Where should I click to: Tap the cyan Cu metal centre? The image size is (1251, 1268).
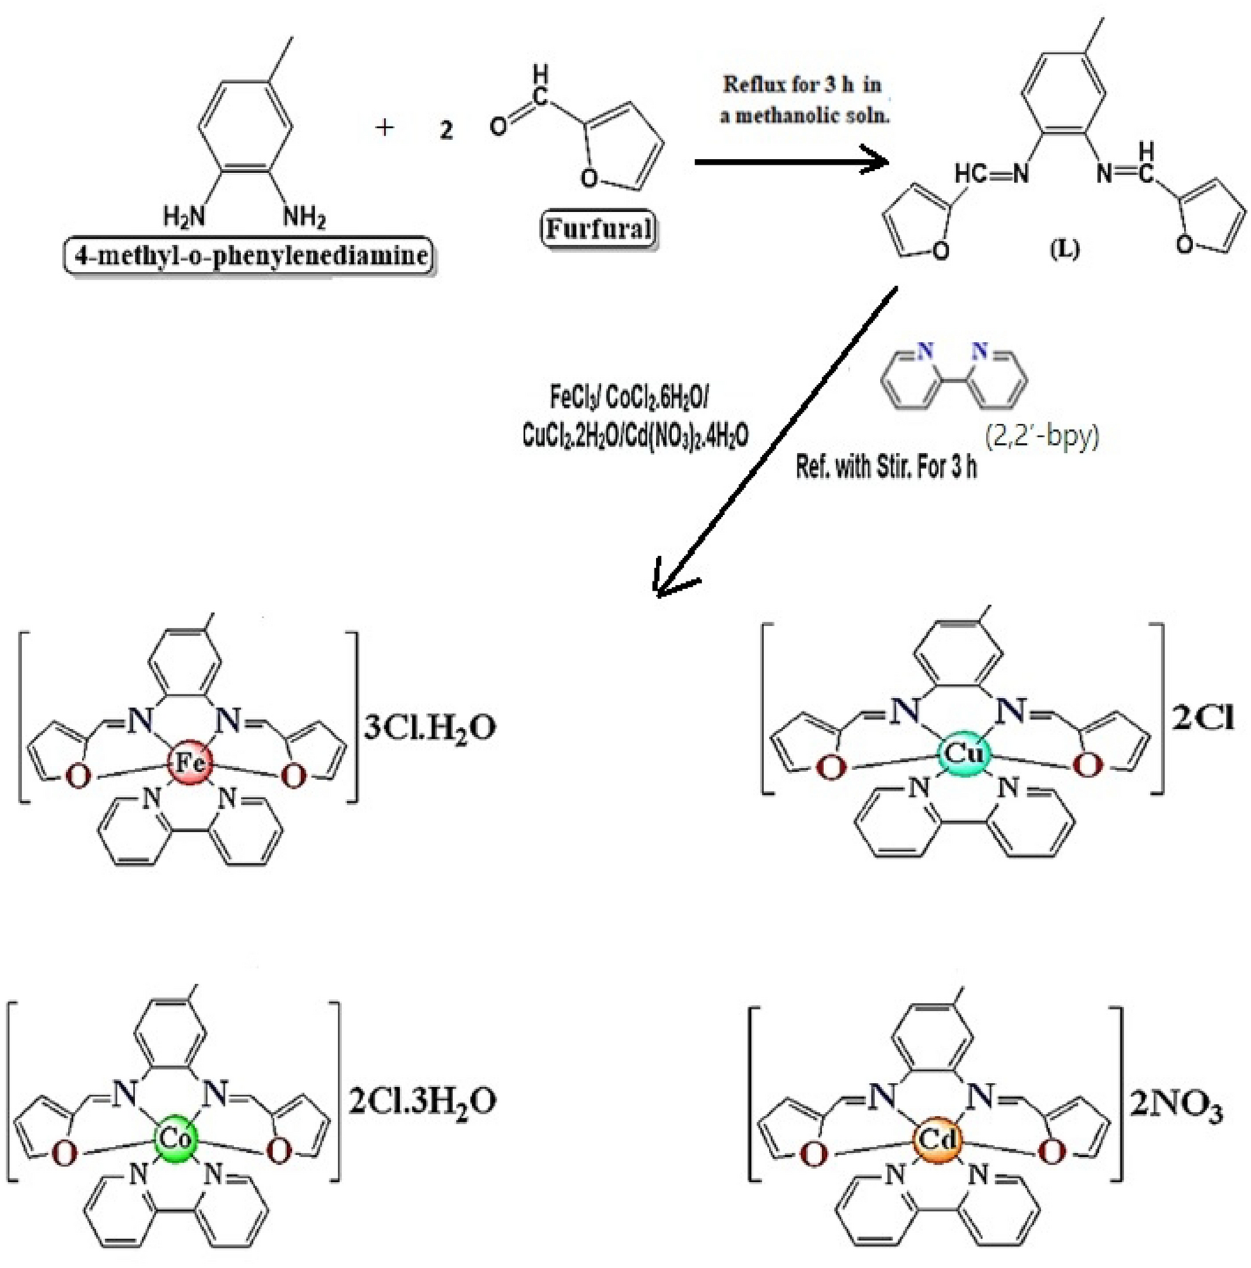(963, 754)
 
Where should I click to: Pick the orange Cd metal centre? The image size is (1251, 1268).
(938, 1139)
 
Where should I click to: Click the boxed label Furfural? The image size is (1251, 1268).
(599, 229)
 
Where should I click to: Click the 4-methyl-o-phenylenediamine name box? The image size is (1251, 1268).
(249, 255)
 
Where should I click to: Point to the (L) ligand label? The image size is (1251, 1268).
(1064, 249)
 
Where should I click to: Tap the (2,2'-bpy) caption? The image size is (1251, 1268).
(1042, 437)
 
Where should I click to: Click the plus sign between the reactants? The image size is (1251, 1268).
(384, 128)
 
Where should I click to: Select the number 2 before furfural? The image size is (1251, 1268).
(445, 130)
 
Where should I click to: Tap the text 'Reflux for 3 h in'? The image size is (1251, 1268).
(801, 85)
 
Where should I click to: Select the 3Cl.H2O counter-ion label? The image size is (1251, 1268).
(429, 728)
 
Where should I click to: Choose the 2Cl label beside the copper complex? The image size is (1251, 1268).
(1203, 718)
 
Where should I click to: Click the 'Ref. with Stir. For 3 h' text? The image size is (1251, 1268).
(886, 467)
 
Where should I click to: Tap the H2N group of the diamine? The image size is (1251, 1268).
(184, 216)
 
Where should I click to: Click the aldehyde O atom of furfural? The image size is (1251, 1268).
(499, 126)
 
